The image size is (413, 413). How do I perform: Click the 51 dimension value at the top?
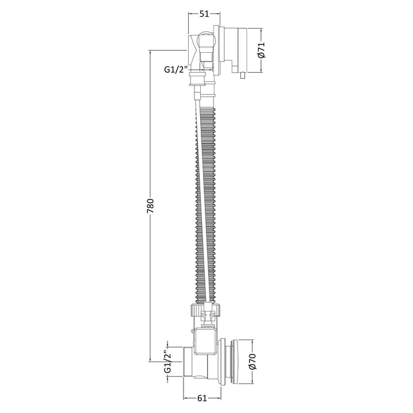204,14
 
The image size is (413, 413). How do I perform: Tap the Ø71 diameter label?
261,50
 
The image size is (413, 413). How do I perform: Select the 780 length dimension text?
150,206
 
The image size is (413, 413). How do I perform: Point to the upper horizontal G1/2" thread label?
176,69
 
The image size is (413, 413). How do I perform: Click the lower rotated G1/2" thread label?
167,361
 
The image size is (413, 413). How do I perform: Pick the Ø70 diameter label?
252,361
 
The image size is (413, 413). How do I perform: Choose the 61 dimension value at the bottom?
202,399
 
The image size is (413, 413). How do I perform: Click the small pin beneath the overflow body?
243,76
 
